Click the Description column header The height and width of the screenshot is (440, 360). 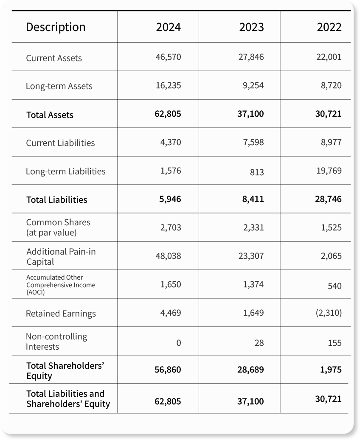coord(56,27)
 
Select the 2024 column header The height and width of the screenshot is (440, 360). coord(169,27)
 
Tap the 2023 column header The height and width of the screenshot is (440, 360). coord(251,27)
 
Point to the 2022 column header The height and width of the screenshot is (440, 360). coord(329,27)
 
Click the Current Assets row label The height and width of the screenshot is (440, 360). coord(54,58)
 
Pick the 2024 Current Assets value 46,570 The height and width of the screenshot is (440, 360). coord(169,57)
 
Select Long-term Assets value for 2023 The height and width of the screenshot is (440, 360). coord(253,85)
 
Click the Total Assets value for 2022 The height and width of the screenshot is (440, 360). coord(328,114)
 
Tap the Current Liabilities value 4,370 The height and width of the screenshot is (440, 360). coord(171,142)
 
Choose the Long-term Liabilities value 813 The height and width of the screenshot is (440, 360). coord(257,172)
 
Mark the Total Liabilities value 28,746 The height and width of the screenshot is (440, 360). coord(328,199)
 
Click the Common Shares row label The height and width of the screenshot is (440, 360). coord(58,227)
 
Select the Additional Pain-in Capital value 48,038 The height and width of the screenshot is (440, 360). coord(169,256)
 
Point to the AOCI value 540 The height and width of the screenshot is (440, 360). coord(335,286)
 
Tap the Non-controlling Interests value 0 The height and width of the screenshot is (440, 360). coord(179,343)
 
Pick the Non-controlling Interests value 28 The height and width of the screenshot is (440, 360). coord(259,343)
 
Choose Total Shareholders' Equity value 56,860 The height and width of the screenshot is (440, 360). coord(168,370)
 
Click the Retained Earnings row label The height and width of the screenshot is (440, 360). coord(61,314)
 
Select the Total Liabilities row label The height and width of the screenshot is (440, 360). coord(57,200)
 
